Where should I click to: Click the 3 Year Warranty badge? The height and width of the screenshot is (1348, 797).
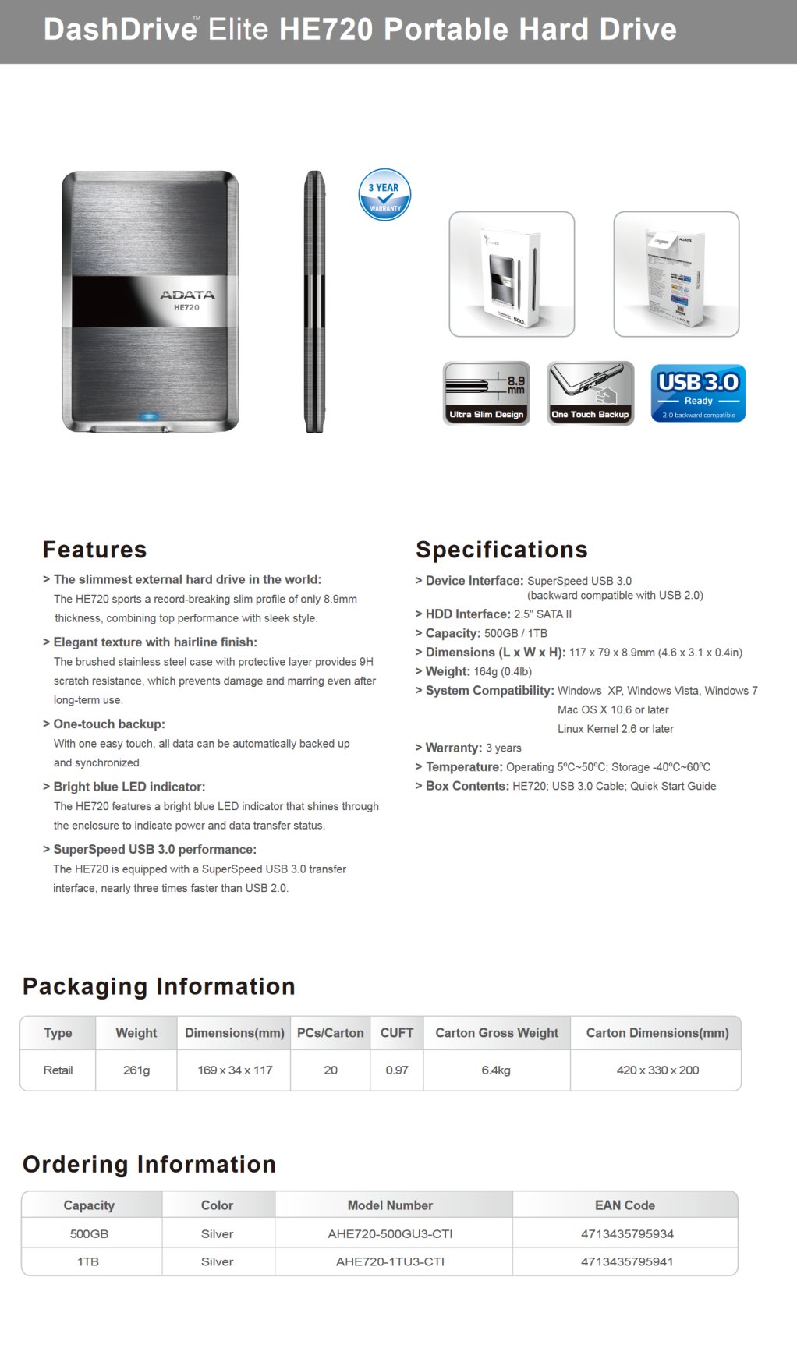click(384, 194)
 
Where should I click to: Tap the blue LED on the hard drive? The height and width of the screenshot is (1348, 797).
click(149, 416)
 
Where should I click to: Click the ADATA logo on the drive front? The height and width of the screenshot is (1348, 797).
click(187, 295)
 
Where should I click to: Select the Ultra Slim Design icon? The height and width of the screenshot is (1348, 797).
click(487, 393)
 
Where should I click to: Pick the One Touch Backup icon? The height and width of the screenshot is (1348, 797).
click(590, 393)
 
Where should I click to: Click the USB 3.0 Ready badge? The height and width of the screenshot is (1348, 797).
click(698, 394)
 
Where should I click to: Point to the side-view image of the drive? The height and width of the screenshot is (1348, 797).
click(314, 301)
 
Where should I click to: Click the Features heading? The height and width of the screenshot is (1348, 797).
click(94, 550)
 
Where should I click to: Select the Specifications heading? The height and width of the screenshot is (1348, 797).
click(501, 550)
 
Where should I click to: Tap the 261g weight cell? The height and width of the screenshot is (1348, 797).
click(136, 1070)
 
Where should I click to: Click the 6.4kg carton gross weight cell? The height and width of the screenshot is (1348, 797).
click(496, 1070)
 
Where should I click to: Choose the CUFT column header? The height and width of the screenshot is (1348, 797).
click(397, 1032)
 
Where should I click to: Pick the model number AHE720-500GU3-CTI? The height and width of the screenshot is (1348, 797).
click(390, 1233)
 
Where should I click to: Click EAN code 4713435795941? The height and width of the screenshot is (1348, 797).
click(627, 1261)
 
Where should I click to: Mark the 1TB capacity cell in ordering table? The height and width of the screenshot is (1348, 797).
click(88, 1261)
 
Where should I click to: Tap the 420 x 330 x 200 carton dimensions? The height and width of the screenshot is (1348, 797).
click(657, 1070)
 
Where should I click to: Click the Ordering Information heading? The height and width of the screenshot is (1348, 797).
click(149, 1164)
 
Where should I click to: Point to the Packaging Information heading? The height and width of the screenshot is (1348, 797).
click(158, 986)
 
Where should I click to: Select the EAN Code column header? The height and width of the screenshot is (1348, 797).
click(625, 1205)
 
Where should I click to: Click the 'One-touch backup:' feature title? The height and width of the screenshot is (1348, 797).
click(108, 724)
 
